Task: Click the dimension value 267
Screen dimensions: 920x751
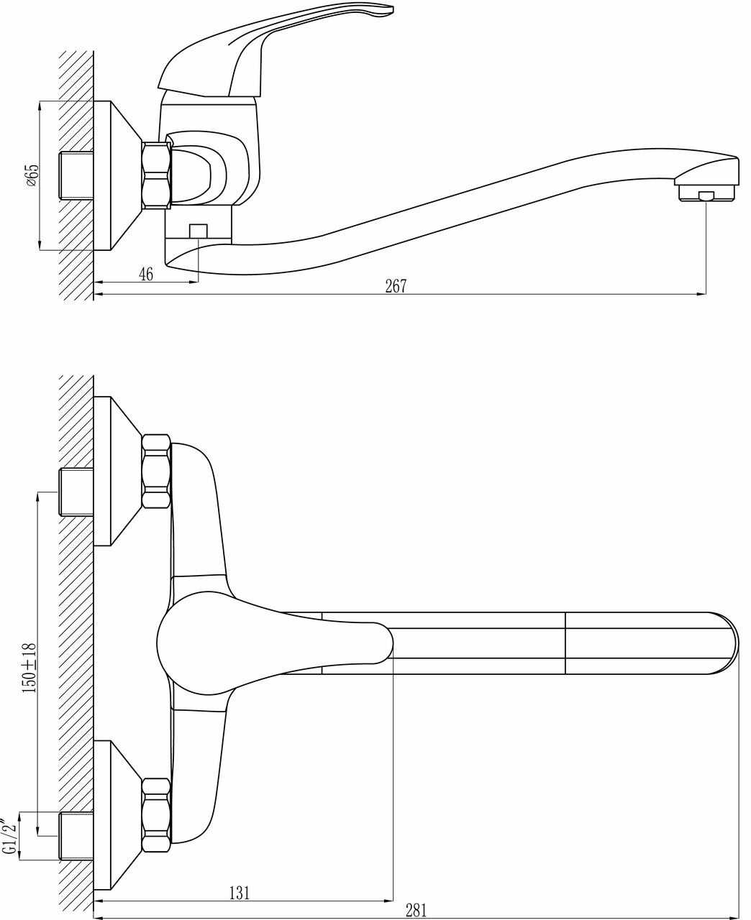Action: click(x=396, y=286)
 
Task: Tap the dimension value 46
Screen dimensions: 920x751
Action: click(x=146, y=274)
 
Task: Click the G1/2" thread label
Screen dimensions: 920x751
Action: click(x=10, y=835)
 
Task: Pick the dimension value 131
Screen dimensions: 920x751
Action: click(x=240, y=893)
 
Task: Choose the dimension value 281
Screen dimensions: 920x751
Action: click(x=416, y=911)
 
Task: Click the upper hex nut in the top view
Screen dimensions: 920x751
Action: click(x=157, y=471)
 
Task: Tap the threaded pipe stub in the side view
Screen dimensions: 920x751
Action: click(x=76, y=175)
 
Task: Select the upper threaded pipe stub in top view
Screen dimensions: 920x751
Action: click(x=76, y=492)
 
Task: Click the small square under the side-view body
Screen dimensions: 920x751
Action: click(x=198, y=231)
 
